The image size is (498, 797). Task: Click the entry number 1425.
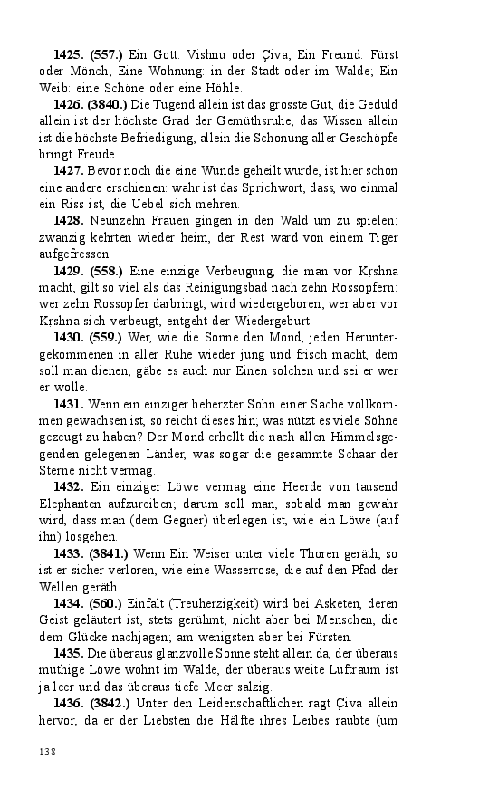click(71, 55)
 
